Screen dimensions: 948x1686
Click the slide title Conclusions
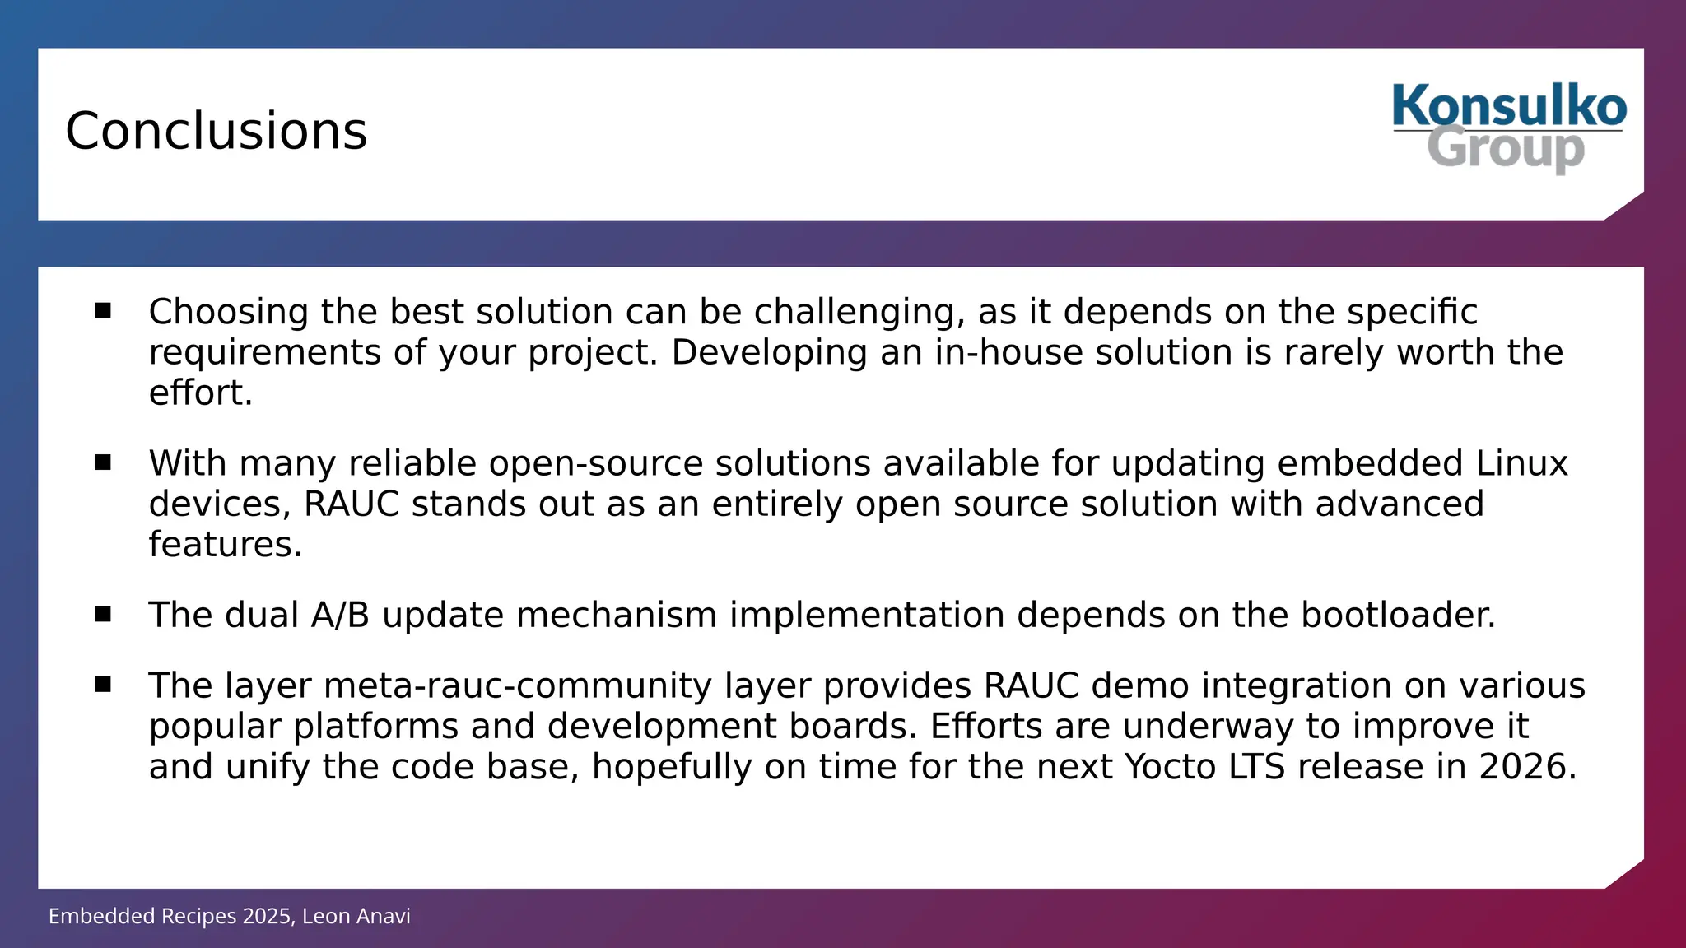[x=216, y=132]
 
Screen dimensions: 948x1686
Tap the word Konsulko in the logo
[x=1509, y=107]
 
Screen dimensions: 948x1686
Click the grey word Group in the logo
[x=1505, y=149]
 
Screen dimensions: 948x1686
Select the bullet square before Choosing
[x=103, y=310]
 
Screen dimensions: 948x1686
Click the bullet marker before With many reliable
[x=103, y=462]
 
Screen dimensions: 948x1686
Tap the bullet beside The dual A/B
[x=103, y=614]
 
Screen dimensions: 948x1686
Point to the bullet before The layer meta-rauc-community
[x=103, y=685]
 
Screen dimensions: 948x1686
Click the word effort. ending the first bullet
[x=200, y=393]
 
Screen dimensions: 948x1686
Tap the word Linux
[x=1521, y=464]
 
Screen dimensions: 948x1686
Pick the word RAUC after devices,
[x=352, y=504]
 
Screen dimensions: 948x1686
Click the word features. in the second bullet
[x=225, y=545]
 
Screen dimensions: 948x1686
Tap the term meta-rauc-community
[x=517, y=686]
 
